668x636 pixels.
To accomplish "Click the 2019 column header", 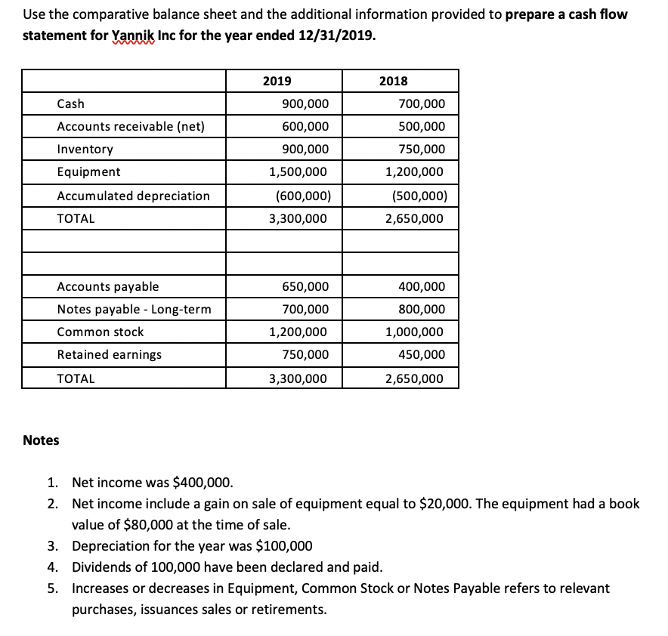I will pos(277,81).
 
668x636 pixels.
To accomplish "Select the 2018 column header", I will pos(393,81).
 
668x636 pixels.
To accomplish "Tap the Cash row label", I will pos(71,103).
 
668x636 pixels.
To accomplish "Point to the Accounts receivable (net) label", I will pos(131,126).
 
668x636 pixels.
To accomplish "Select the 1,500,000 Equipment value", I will pos(298,171).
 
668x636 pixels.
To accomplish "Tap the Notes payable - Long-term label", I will pos(134,309).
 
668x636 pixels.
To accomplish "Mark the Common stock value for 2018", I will pos(415,332).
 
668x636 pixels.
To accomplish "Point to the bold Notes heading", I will pos(41,440).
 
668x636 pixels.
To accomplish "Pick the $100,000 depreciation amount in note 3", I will pos(281,546).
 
